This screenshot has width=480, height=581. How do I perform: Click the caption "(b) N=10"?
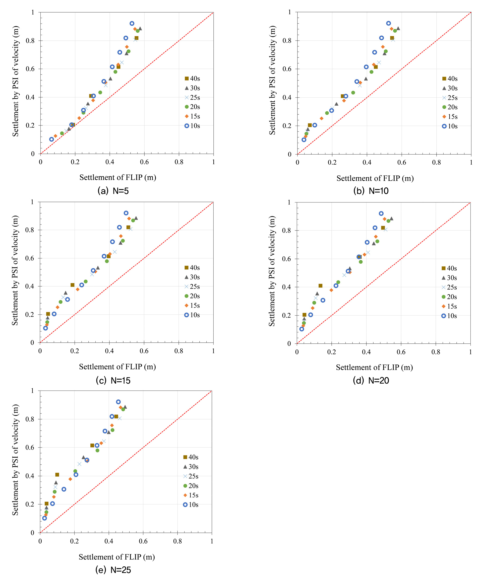click(371, 191)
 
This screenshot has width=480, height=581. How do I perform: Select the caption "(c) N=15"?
click(113, 380)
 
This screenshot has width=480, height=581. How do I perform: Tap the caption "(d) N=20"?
click(371, 380)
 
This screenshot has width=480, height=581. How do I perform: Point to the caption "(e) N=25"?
click(113, 570)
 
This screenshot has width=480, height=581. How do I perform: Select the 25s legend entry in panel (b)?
click(450, 98)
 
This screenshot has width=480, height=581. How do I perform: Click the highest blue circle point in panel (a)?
click(132, 24)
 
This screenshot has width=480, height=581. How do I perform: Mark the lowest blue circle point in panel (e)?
click(44, 518)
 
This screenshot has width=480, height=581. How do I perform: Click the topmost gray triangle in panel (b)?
click(398, 28)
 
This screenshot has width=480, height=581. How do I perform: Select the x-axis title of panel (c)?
click(117, 367)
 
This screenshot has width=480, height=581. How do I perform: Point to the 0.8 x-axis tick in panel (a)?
click(179, 162)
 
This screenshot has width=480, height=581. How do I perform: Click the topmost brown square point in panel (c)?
click(128, 227)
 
